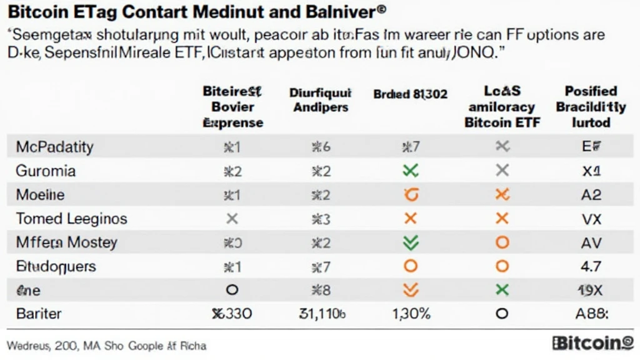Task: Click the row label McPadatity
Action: [x=54, y=147]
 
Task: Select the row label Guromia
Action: [x=46, y=171]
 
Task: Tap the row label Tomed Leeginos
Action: [x=71, y=219]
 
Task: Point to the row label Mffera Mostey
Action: [x=66, y=242]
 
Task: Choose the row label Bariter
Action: [x=39, y=313]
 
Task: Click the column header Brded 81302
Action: [x=411, y=94]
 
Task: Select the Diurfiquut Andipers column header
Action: [x=321, y=100]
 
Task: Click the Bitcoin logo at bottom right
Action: [x=593, y=343]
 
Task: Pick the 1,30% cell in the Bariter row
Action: [x=411, y=313]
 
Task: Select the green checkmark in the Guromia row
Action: [x=411, y=171]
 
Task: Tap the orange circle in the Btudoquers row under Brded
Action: [x=411, y=266]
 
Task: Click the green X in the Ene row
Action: [x=501, y=289]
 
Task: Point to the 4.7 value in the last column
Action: [x=591, y=266]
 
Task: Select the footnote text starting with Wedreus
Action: [x=106, y=345]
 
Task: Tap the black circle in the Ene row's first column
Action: [x=232, y=290]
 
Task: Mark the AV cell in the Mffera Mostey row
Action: [x=591, y=242]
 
